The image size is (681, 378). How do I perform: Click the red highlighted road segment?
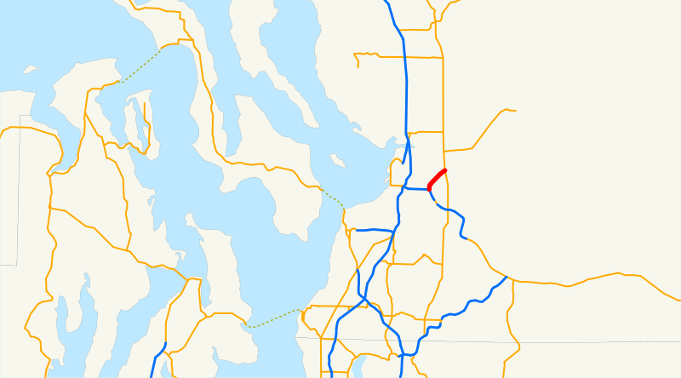coord(437,179)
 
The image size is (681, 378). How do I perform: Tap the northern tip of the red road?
coord(445,170)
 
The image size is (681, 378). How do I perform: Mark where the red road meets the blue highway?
coord(428,189)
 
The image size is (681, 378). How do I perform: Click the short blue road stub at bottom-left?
coord(159,358)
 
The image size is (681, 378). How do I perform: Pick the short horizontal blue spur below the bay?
coord(374,230)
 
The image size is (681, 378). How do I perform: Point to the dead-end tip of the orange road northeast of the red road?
coord(515,110)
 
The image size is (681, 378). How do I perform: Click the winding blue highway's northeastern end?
coord(506,277)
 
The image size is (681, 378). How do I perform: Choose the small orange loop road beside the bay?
coord(397,170)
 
